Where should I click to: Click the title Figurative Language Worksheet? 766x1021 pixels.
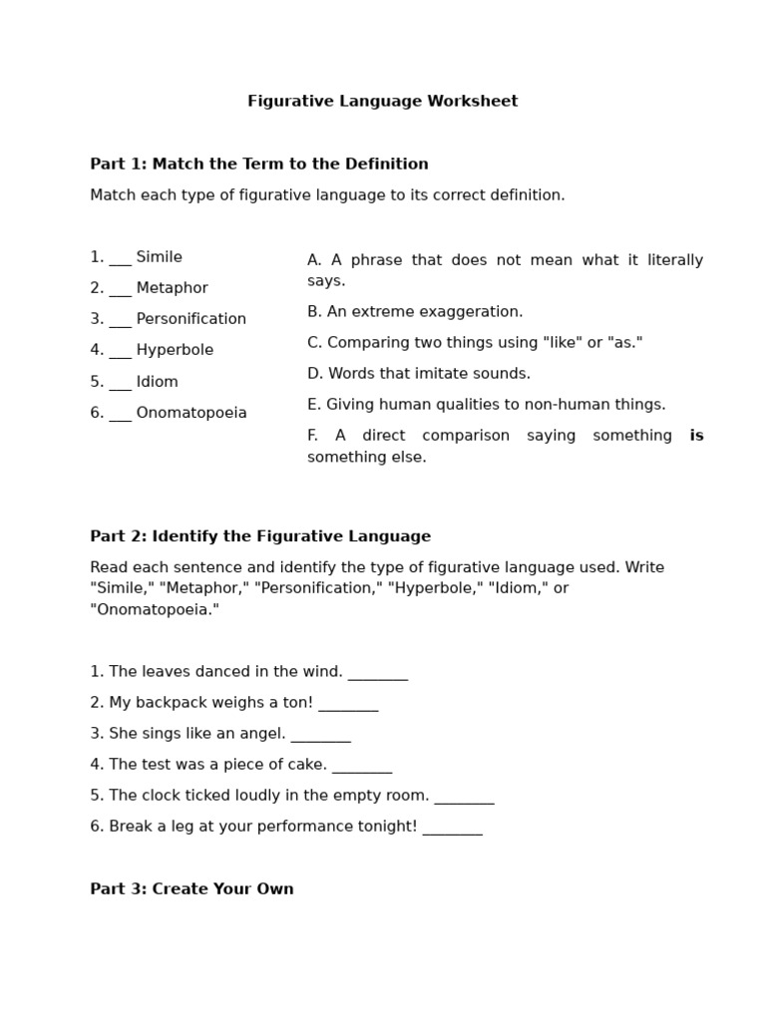pyautogui.click(x=382, y=102)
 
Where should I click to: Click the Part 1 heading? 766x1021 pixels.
pyautogui.click(x=259, y=165)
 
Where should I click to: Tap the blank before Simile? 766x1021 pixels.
pyautogui.click(x=120, y=259)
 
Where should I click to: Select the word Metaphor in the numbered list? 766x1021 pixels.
pyautogui.click(x=172, y=288)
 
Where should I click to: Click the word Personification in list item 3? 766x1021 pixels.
pyautogui.click(x=191, y=319)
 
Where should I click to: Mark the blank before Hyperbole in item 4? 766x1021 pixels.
pyautogui.click(x=120, y=352)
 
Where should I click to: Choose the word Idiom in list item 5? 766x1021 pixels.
pyautogui.click(x=157, y=382)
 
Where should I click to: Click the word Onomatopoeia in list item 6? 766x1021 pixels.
pyautogui.click(x=191, y=413)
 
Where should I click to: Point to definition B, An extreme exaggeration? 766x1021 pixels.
pyautogui.click(x=415, y=312)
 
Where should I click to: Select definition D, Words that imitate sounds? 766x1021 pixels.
pyautogui.click(x=419, y=374)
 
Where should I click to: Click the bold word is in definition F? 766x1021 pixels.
pyautogui.click(x=696, y=436)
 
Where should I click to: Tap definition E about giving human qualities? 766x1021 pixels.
pyautogui.click(x=486, y=405)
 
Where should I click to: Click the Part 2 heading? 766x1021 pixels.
pyautogui.click(x=260, y=536)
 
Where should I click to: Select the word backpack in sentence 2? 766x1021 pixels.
pyautogui.click(x=164, y=703)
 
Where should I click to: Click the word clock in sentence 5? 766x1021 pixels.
pyautogui.click(x=160, y=796)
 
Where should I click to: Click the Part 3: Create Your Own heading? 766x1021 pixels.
pyautogui.click(x=191, y=889)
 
